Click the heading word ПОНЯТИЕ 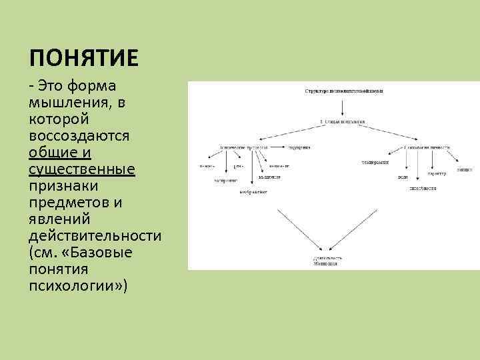coord(84,59)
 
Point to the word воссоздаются coord(79,136)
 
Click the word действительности coord(95,236)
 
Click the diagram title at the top coord(343,90)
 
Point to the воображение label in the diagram coord(253,192)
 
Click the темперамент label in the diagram coord(377,162)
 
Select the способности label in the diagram coord(423,189)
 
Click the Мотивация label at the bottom coord(325,264)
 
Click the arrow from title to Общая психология coord(343,107)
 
